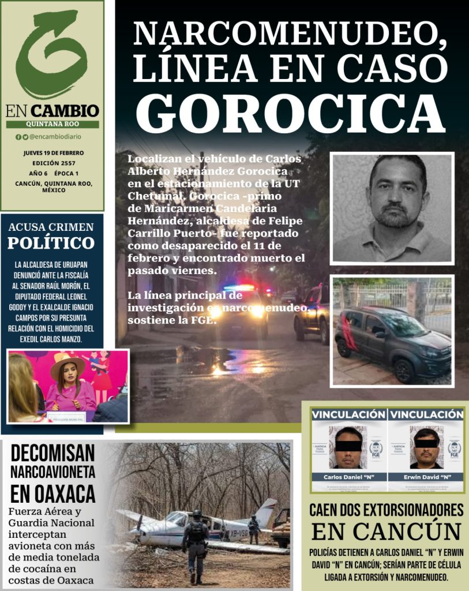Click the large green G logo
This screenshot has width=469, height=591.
tap(51, 55)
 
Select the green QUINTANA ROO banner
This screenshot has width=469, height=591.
tap(52, 124)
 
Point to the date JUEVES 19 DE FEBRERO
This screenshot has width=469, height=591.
tap(53, 153)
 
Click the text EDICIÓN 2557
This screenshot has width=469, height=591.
tap(53, 163)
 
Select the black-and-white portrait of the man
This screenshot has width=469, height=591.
tap(392, 208)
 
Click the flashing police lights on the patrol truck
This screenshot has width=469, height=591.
tap(239, 287)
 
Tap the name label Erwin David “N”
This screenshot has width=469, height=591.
tap(426, 477)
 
